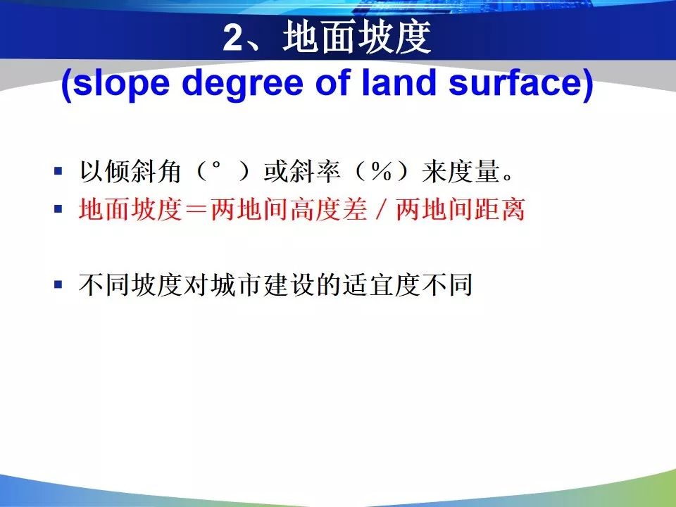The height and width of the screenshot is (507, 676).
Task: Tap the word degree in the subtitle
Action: pos(243,84)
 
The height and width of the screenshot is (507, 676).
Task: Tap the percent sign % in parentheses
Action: pos(380,172)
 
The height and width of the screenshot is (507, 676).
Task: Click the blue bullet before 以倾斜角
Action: pos(58,171)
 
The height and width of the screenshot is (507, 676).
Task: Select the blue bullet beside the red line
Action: pos(58,209)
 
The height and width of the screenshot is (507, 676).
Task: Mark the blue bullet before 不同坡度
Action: pos(58,284)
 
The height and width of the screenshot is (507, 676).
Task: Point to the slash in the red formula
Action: pos(382,210)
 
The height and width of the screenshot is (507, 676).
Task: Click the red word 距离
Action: pos(499,210)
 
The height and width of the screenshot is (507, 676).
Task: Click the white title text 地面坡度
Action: pos(357,38)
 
